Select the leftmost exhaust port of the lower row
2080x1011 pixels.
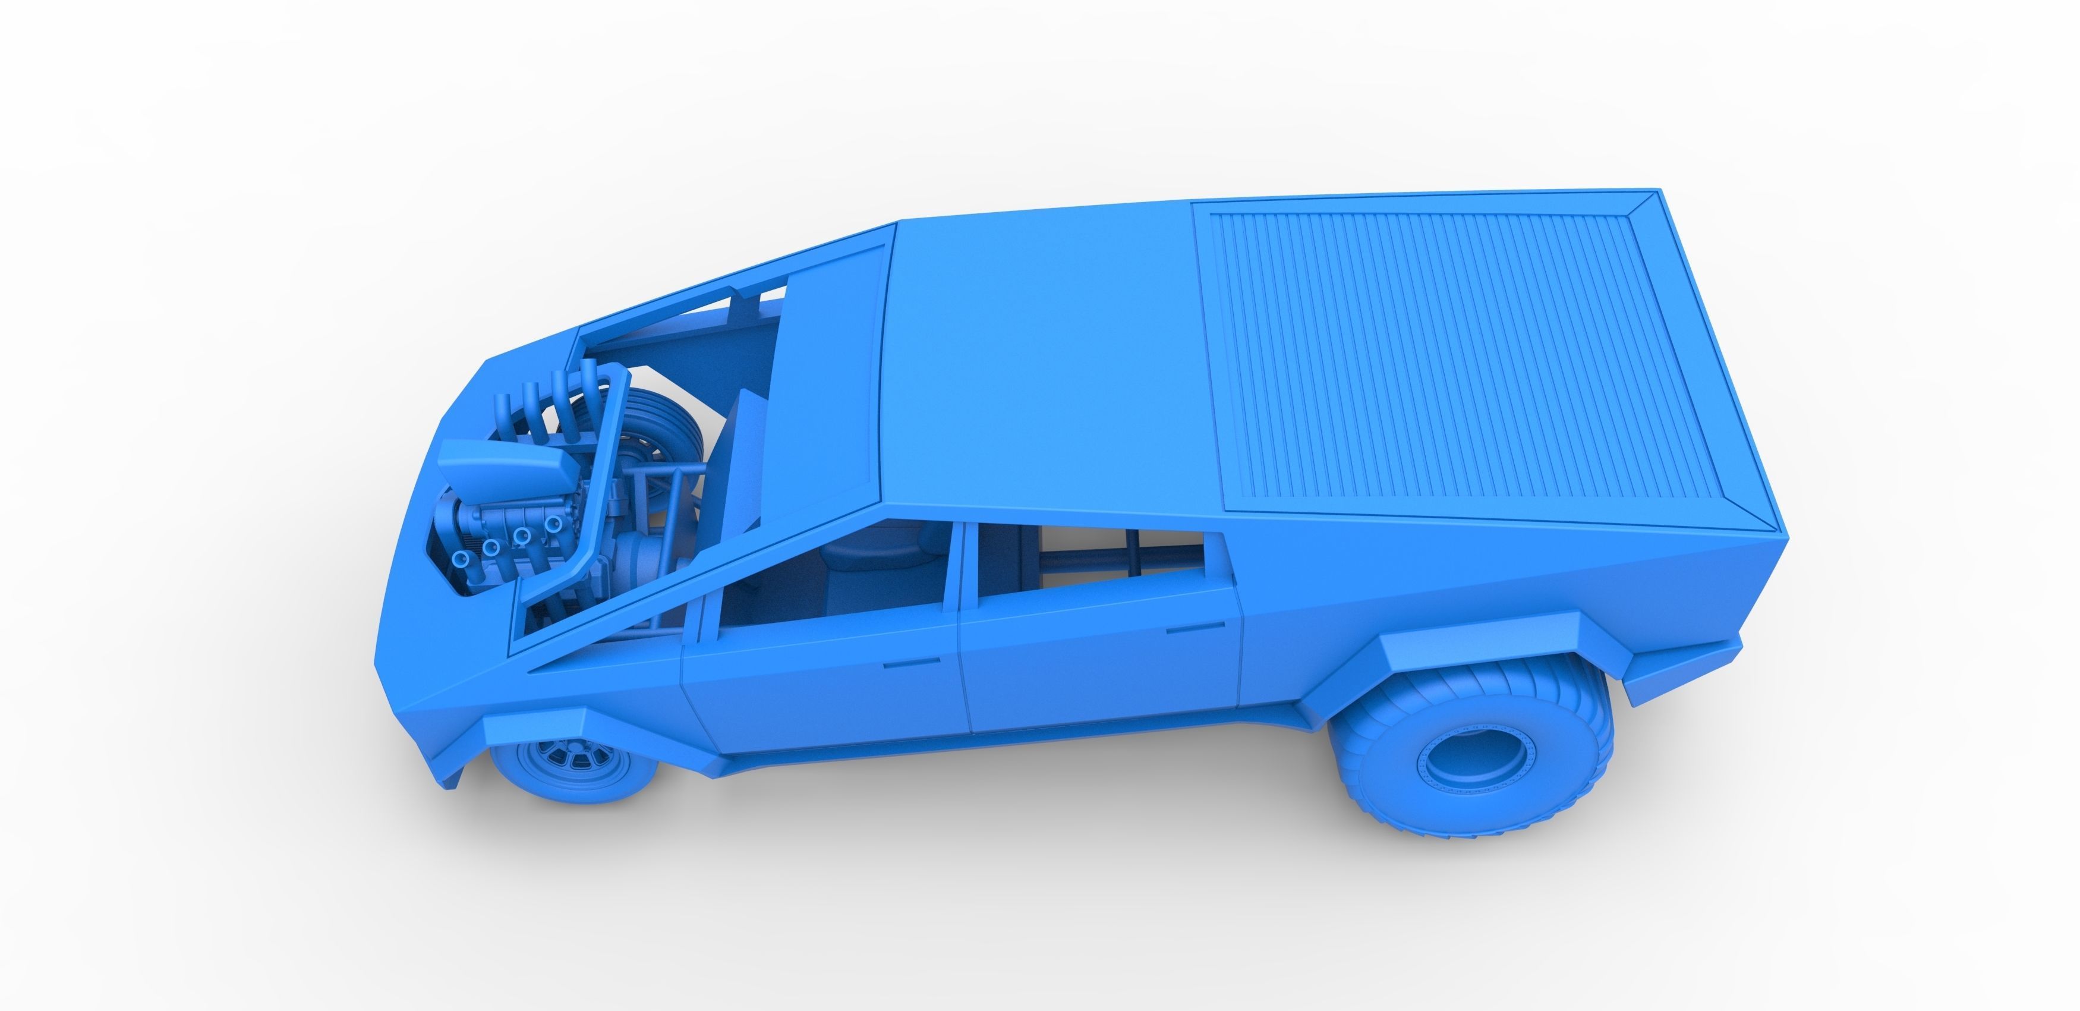(461, 559)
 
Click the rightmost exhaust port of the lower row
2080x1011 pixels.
(553, 525)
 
